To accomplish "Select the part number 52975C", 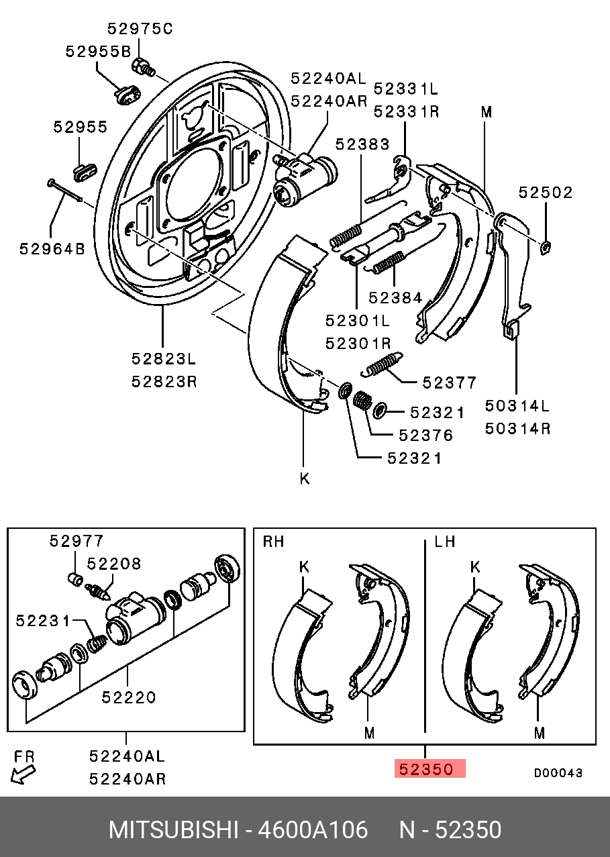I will (x=140, y=29).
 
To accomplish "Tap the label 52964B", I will (x=52, y=249).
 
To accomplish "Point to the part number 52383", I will (x=362, y=144).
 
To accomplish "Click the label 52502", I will (x=546, y=193).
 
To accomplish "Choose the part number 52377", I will (x=449, y=383).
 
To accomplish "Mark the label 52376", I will (x=425, y=436).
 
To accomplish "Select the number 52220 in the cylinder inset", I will (x=129, y=698).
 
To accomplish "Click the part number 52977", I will (x=77, y=541).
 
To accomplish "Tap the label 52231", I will (x=44, y=621).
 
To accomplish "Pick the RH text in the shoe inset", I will (x=273, y=542).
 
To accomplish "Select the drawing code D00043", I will (x=558, y=773).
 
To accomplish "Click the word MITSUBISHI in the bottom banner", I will (x=173, y=830).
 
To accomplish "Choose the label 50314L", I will (x=517, y=406).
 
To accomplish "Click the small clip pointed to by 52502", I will (x=546, y=249).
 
